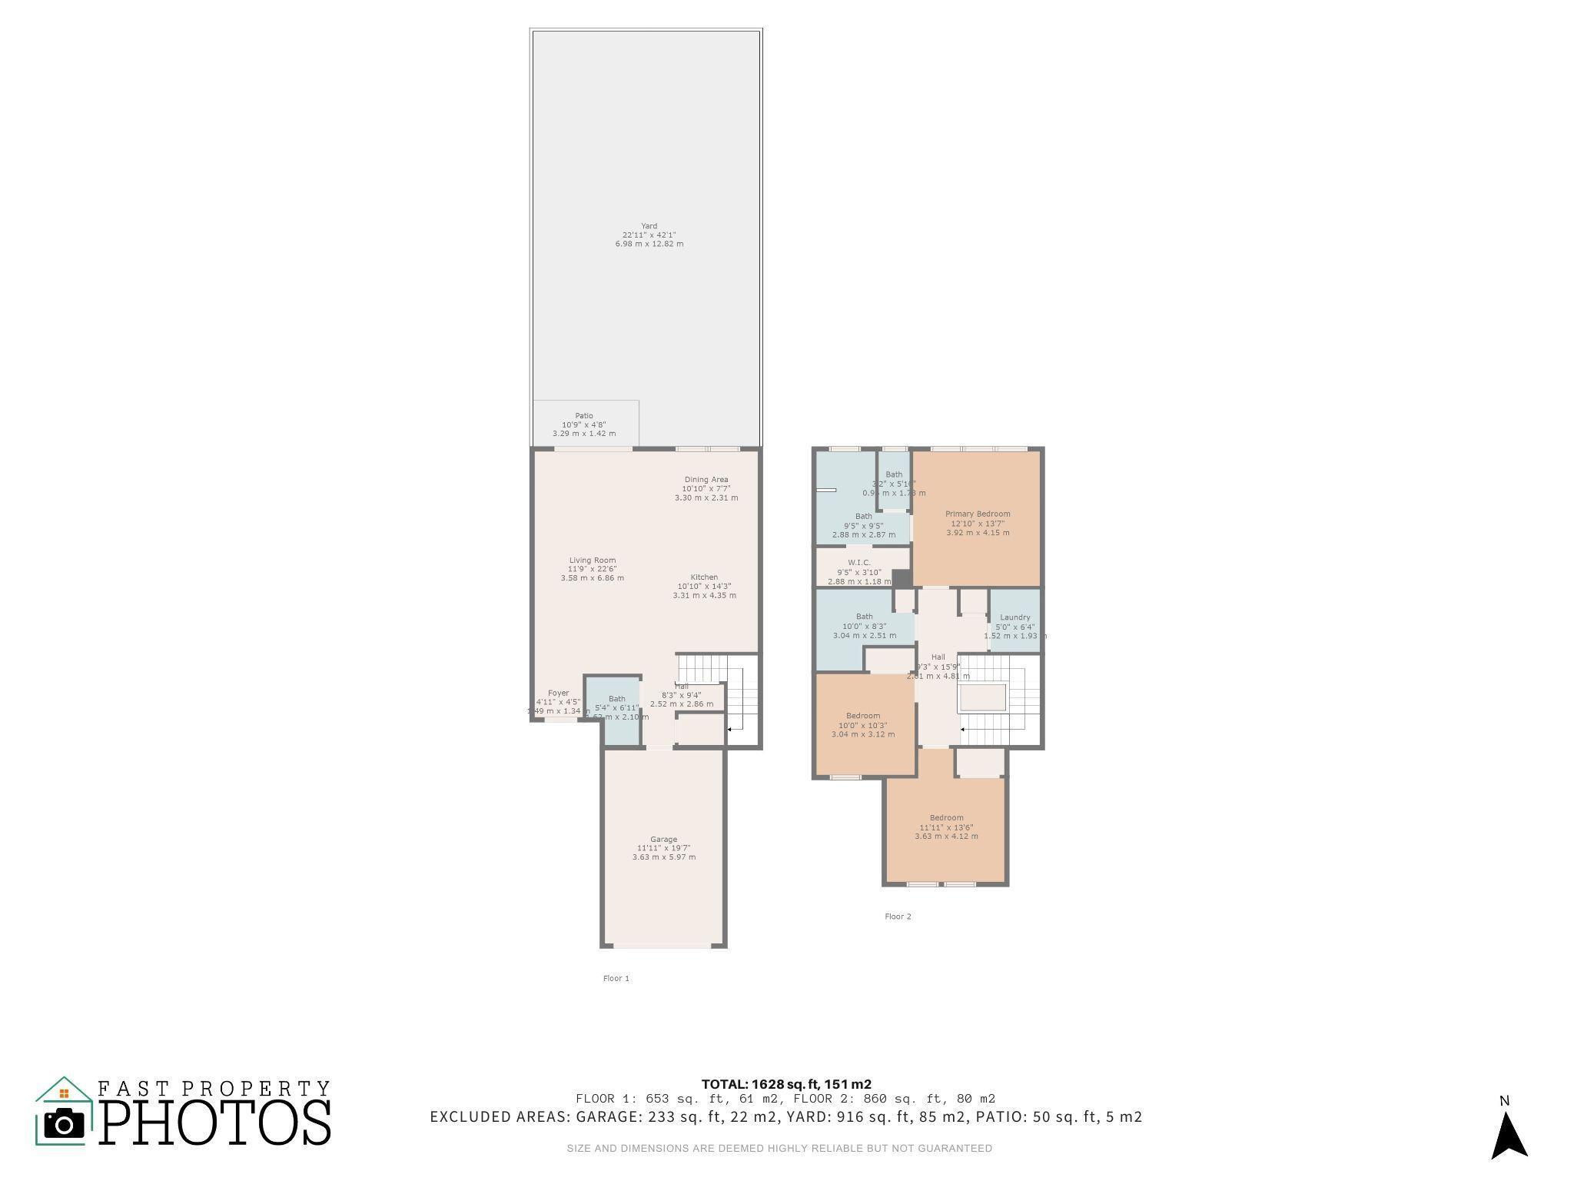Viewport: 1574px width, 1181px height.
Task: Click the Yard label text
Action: pyautogui.click(x=649, y=226)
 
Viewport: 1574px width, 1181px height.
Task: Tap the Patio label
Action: pyautogui.click(x=584, y=416)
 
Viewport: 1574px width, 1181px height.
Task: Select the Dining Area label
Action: pyautogui.click(x=706, y=480)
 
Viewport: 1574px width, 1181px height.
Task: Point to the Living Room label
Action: pyautogui.click(x=592, y=561)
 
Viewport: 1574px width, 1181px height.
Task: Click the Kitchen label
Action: pyautogui.click(x=704, y=577)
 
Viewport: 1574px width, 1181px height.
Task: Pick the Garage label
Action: pyautogui.click(x=663, y=840)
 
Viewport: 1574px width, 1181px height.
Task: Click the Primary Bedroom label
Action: pyautogui.click(x=978, y=514)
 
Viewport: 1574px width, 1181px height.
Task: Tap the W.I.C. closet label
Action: pyautogui.click(x=859, y=563)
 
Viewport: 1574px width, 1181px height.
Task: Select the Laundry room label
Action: pyautogui.click(x=1014, y=617)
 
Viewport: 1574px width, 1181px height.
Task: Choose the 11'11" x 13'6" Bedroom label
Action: pyautogui.click(x=946, y=818)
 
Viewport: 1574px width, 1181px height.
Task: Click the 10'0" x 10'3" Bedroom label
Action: pyautogui.click(x=862, y=716)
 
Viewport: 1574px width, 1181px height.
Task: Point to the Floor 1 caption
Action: pyautogui.click(x=616, y=979)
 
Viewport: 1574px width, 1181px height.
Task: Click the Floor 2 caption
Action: pyautogui.click(x=898, y=917)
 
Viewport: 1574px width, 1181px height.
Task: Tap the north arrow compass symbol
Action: pyautogui.click(x=1508, y=1133)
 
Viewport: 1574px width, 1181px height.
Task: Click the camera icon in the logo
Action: pyautogui.click(x=64, y=1124)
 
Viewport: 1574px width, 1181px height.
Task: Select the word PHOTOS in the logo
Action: pyautogui.click(x=215, y=1123)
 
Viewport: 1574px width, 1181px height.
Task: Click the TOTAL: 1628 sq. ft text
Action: pyautogui.click(x=785, y=1085)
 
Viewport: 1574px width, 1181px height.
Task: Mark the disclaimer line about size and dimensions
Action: pyautogui.click(x=779, y=1149)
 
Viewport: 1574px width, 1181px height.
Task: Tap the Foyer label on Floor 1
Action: pyautogui.click(x=558, y=694)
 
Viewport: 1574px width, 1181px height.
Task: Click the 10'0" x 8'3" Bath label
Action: pyautogui.click(x=864, y=617)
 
